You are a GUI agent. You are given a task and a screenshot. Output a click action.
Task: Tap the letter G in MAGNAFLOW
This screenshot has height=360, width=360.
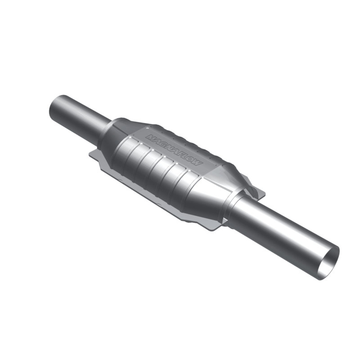161,141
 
